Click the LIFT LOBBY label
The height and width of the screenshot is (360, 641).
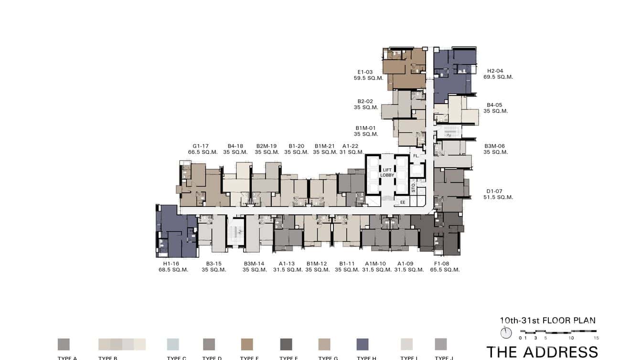[x=387, y=172]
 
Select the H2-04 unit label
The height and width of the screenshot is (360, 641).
[x=495, y=71]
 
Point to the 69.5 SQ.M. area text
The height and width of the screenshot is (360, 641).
[x=498, y=77]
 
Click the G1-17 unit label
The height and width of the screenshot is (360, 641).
[x=201, y=146]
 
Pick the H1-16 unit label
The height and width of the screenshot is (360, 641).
[x=171, y=264]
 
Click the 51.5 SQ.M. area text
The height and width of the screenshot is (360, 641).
[x=498, y=197]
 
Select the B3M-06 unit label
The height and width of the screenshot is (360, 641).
[x=494, y=146]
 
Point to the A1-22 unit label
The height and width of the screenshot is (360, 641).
[x=350, y=146]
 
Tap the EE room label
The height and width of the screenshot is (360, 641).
[x=403, y=202]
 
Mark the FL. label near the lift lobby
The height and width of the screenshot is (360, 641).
[x=416, y=156]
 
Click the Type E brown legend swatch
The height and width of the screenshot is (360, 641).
[x=247, y=344]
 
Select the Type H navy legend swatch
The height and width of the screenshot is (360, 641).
[x=363, y=344]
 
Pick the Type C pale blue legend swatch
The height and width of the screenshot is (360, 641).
[x=173, y=344]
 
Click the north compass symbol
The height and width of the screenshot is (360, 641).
[x=506, y=333]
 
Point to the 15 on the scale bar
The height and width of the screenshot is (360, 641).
[x=596, y=338]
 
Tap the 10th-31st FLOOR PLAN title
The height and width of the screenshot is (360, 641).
[x=547, y=321]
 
